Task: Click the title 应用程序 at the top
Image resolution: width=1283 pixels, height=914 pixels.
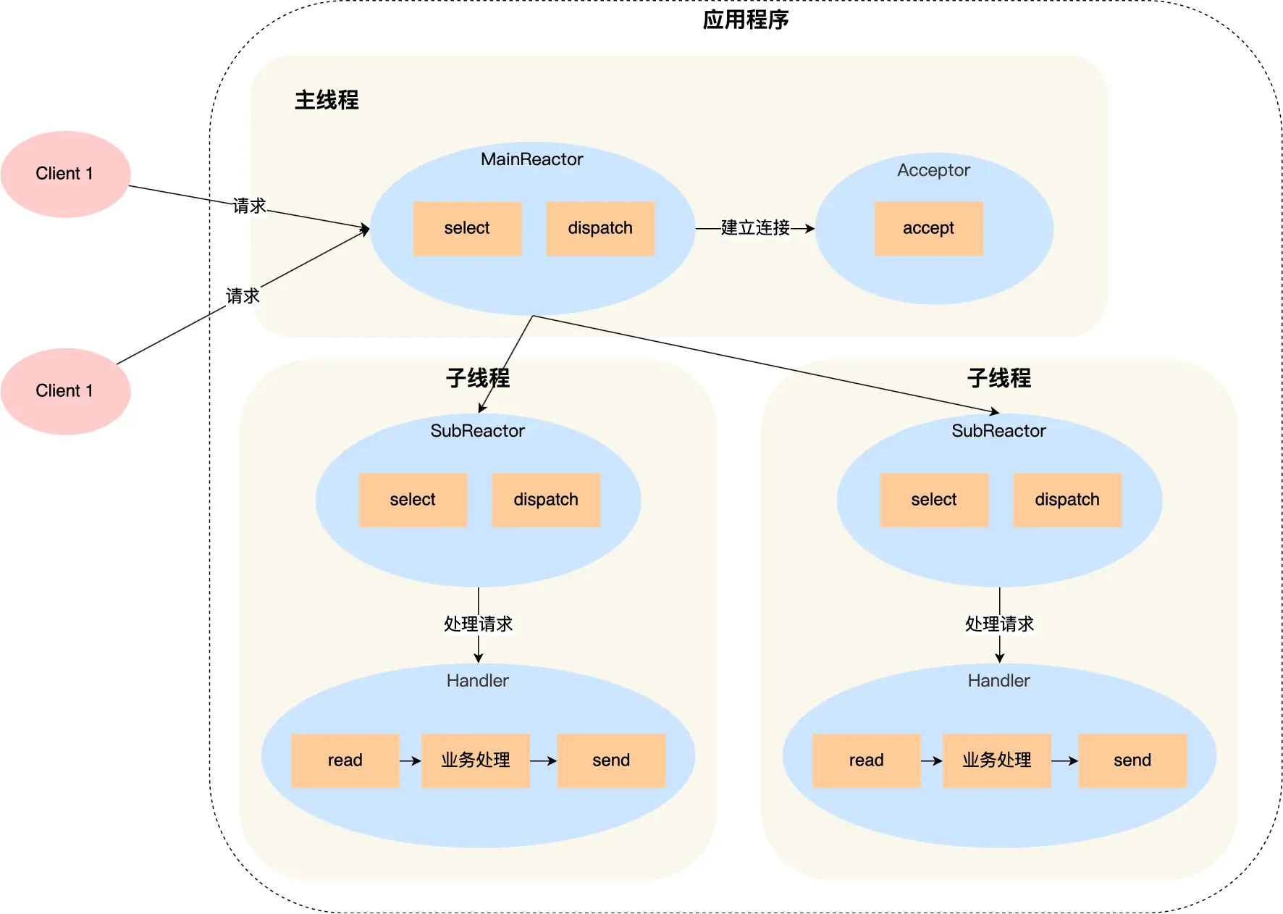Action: click(745, 20)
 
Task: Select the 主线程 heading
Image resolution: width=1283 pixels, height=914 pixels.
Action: click(327, 100)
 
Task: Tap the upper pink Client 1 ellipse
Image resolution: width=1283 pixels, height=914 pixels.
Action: click(65, 174)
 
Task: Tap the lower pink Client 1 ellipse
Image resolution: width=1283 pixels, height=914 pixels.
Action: click(65, 391)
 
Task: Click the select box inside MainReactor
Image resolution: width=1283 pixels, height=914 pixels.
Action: click(467, 228)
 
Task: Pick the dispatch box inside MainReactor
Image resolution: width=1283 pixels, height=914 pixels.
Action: click(600, 228)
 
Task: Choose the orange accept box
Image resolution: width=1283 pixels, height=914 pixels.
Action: click(928, 228)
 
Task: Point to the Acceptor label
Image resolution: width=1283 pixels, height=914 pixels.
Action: click(933, 170)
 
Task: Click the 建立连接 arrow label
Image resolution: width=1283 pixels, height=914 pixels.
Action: click(755, 228)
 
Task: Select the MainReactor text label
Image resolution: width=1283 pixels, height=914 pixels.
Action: click(531, 159)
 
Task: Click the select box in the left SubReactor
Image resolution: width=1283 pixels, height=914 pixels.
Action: click(413, 500)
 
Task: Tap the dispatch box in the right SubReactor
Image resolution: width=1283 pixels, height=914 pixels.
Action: click(1067, 500)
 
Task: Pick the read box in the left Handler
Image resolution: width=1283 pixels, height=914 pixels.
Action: click(345, 760)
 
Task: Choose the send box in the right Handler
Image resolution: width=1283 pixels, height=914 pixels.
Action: click(1132, 760)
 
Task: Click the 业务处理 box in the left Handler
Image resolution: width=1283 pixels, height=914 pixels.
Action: click(476, 760)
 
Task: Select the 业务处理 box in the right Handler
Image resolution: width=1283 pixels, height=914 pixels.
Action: click(996, 760)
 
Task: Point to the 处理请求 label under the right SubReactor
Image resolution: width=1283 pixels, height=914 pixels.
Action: click(999, 624)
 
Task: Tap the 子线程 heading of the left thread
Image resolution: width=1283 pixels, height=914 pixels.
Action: click(478, 378)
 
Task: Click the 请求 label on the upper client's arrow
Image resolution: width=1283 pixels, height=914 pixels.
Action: click(249, 206)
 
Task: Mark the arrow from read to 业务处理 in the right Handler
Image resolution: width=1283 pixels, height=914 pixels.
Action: click(931, 761)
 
